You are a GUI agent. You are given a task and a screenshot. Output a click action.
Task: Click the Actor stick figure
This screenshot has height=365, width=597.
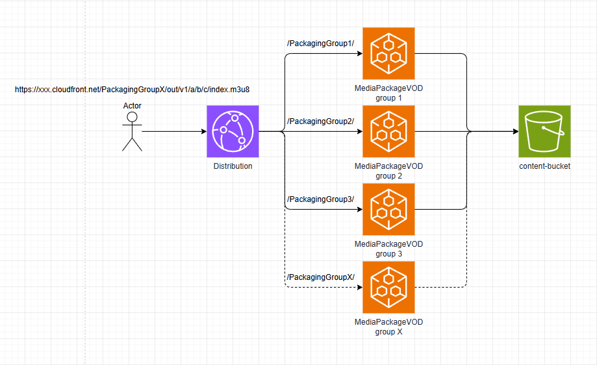click(x=132, y=131)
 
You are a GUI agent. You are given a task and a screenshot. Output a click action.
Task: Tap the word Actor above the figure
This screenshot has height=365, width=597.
click(x=132, y=106)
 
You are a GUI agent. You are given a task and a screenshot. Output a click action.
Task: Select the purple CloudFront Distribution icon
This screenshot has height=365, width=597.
click(x=233, y=132)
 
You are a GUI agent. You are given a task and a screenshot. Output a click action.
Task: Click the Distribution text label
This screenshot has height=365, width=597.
click(x=233, y=167)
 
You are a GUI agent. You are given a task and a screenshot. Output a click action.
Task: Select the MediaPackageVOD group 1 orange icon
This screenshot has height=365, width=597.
click(x=388, y=54)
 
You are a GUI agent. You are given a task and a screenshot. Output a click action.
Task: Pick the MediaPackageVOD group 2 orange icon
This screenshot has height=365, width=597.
click(x=388, y=132)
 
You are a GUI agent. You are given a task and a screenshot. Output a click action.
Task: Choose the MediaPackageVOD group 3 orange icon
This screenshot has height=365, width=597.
click(x=388, y=209)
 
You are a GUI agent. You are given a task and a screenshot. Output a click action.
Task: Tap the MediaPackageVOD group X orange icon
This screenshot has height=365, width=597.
click(x=388, y=287)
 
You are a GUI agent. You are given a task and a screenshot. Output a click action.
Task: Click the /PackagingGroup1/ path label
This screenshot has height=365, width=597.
click(x=320, y=44)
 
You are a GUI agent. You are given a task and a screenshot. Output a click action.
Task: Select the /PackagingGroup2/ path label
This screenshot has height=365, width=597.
click(x=320, y=121)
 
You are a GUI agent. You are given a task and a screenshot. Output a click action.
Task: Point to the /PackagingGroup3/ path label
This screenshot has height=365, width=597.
click(x=320, y=199)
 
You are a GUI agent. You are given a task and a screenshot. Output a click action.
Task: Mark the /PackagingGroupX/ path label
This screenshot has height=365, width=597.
click(x=320, y=277)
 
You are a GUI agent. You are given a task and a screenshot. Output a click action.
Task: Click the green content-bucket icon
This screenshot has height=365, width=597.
click(x=544, y=132)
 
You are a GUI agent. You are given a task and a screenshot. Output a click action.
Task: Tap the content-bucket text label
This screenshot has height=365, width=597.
click(x=544, y=167)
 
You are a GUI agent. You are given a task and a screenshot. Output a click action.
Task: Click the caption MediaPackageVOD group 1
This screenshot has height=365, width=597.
click(x=388, y=94)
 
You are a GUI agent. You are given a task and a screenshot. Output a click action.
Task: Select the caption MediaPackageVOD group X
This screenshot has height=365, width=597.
click(x=388, y=327)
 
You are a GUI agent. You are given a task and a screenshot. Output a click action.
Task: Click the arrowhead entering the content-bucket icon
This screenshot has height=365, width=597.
click(x=514, y=132)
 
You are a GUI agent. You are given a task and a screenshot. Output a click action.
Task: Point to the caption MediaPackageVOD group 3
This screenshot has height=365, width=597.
click(x=388, y=249)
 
